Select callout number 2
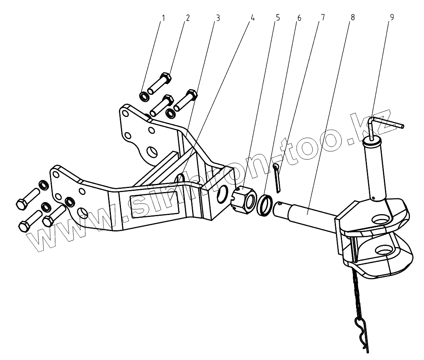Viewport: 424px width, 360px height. point(188,18)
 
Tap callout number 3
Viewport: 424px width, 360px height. point(217,18)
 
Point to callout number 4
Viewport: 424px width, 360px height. point(252,18)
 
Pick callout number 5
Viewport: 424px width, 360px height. point(277,18)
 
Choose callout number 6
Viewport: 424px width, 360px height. point(299,18)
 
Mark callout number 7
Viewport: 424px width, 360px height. point(323,18)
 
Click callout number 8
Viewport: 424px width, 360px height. point(352,18)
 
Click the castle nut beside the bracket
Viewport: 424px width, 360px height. point(245,198)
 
